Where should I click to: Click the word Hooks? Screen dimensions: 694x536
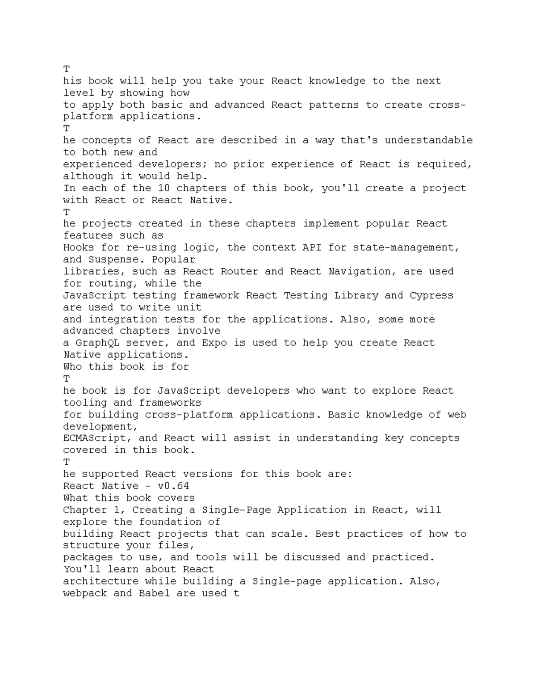tap(79, 247)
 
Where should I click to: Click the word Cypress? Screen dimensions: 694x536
tap(431, 295)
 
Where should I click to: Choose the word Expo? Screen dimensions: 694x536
tap(214, 343)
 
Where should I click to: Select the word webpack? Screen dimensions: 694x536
tap(85, 593)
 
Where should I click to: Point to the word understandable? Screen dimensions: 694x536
tap(428, 140)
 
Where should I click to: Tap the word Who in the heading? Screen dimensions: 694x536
tap(72, 366)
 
